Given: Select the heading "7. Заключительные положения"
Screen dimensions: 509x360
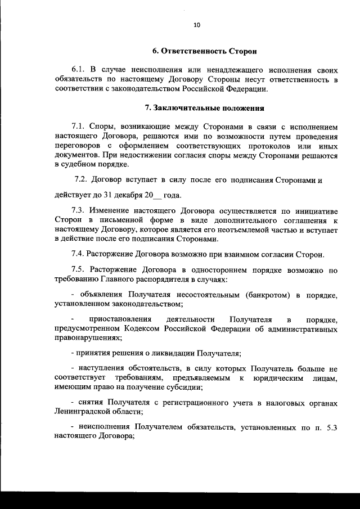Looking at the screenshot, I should tap(205, 107).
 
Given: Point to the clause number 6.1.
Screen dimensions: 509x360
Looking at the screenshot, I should tap(79, 70).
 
